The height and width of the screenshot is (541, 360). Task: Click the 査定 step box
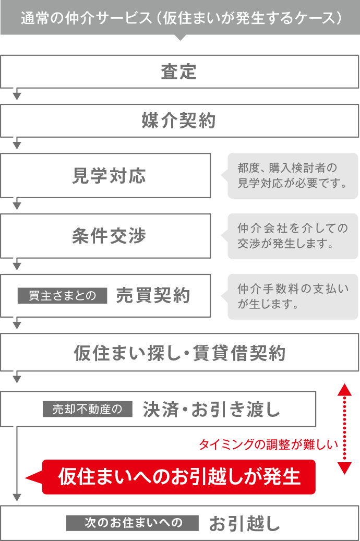coord(179,71)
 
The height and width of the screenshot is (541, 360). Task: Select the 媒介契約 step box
coord(179,121)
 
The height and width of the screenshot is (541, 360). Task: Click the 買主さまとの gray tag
coord(62,296)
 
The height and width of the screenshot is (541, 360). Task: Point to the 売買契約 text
coord(152,296)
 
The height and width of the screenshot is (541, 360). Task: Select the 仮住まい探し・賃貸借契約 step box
coord(179,353)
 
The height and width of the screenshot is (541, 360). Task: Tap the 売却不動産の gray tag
coord(88,409)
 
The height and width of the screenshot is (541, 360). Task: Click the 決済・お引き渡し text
coord(211,410)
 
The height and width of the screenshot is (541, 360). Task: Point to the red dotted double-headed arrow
coord(344,428)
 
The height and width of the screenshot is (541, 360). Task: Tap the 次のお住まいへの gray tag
coord(132,523)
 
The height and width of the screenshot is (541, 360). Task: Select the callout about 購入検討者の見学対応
coord(293,176)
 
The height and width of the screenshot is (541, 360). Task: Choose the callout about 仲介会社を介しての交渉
coord(293,236)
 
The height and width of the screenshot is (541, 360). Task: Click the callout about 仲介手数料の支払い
coord(293,296)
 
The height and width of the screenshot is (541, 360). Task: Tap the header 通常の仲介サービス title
coord(179,18)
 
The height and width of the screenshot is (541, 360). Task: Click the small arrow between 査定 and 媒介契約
coord(17,95)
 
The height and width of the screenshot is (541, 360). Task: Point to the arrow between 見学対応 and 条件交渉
coord(17,205)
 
